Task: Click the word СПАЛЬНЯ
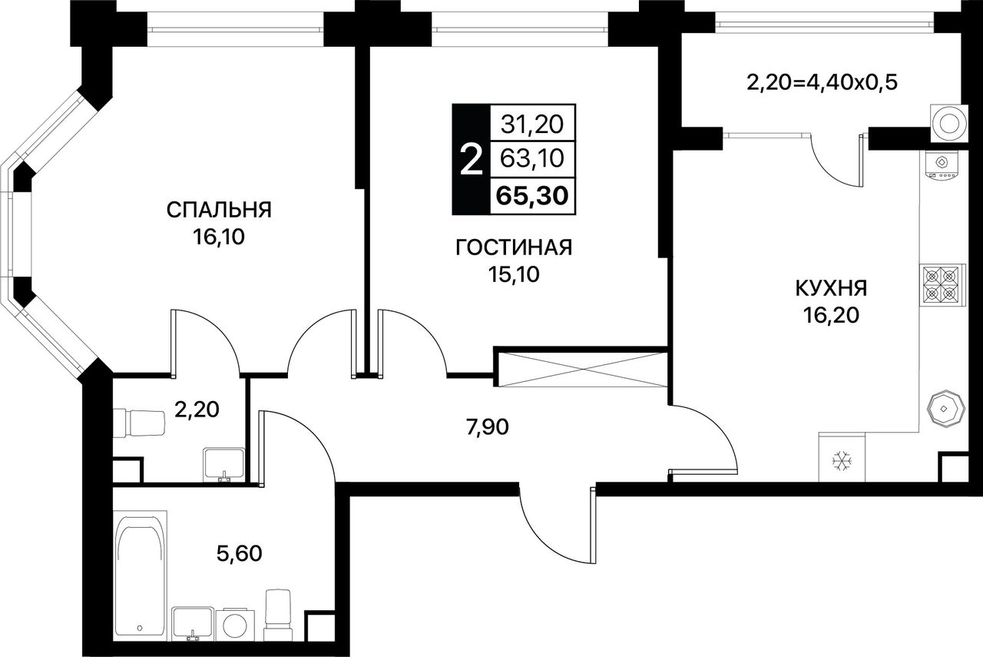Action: coord(219,210)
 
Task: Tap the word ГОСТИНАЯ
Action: coord(514,247)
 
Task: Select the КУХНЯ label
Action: coord(831,288)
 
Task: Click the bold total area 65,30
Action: coord(532,196)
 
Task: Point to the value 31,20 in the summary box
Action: coord(532,124)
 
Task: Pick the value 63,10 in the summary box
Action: coord(532,158)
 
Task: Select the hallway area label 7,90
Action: coord(488,427)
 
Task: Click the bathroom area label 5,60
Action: coord(239,553)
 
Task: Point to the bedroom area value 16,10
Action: coord(218,237)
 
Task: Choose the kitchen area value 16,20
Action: coord(831,315)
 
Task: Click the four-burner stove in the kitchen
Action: coord(942,285)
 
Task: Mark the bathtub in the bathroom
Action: coord(140,576)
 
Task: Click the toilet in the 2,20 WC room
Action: coord(139,423)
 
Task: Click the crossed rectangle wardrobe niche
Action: coord(583,370)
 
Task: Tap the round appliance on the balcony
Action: coord(948,124)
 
